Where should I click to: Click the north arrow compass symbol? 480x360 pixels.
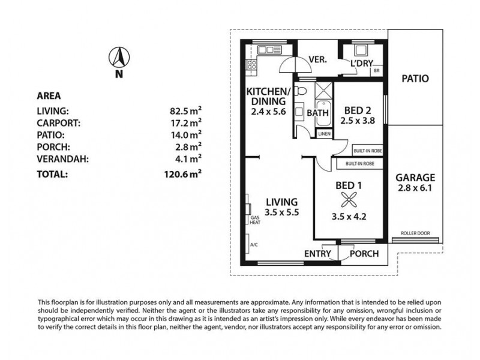119,58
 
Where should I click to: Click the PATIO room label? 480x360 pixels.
415,78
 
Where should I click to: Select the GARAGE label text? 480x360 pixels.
415,178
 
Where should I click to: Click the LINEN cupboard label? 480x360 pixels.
324,134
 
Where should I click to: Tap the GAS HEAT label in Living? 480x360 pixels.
255,220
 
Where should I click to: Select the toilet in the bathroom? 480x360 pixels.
302,91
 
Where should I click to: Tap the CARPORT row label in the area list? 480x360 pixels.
58,122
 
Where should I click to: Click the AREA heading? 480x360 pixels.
49,95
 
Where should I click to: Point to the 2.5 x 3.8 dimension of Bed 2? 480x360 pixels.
358,121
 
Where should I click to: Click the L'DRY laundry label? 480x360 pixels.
362,63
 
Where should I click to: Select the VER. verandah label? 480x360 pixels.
317,60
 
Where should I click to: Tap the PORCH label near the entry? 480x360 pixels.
364,254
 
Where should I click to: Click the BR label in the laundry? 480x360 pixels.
376,71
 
